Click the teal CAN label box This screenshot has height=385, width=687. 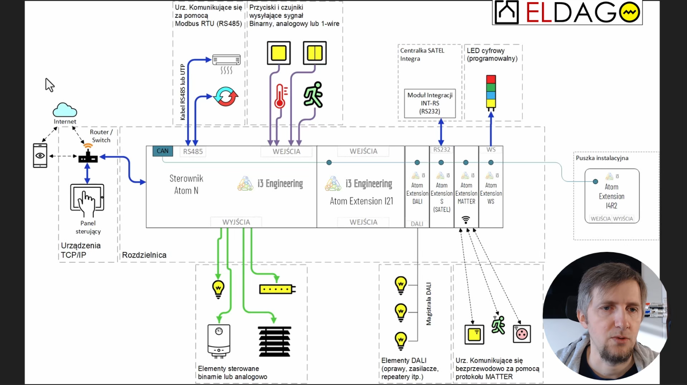click(162, 151)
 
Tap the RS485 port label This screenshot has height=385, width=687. click(193, 151)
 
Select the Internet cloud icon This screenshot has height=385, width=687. click(65, 110)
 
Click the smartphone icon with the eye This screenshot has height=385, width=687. click(40, 155)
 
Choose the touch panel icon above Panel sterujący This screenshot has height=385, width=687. click(87, 200)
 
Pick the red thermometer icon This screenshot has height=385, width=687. click(280, 96)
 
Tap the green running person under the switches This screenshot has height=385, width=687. click(313, 95)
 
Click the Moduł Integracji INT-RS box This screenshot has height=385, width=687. click(430, 103)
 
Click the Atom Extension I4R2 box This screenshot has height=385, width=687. click(612, 196)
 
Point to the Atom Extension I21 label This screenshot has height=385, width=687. click(361, 201)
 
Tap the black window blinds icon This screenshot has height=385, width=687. click(274, 341)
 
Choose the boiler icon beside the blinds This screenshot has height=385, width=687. click(219, 341)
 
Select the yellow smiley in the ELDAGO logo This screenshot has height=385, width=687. click(630, 12)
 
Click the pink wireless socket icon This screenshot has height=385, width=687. click(522, 334)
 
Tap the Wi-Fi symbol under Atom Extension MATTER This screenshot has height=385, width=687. click(466, 220)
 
